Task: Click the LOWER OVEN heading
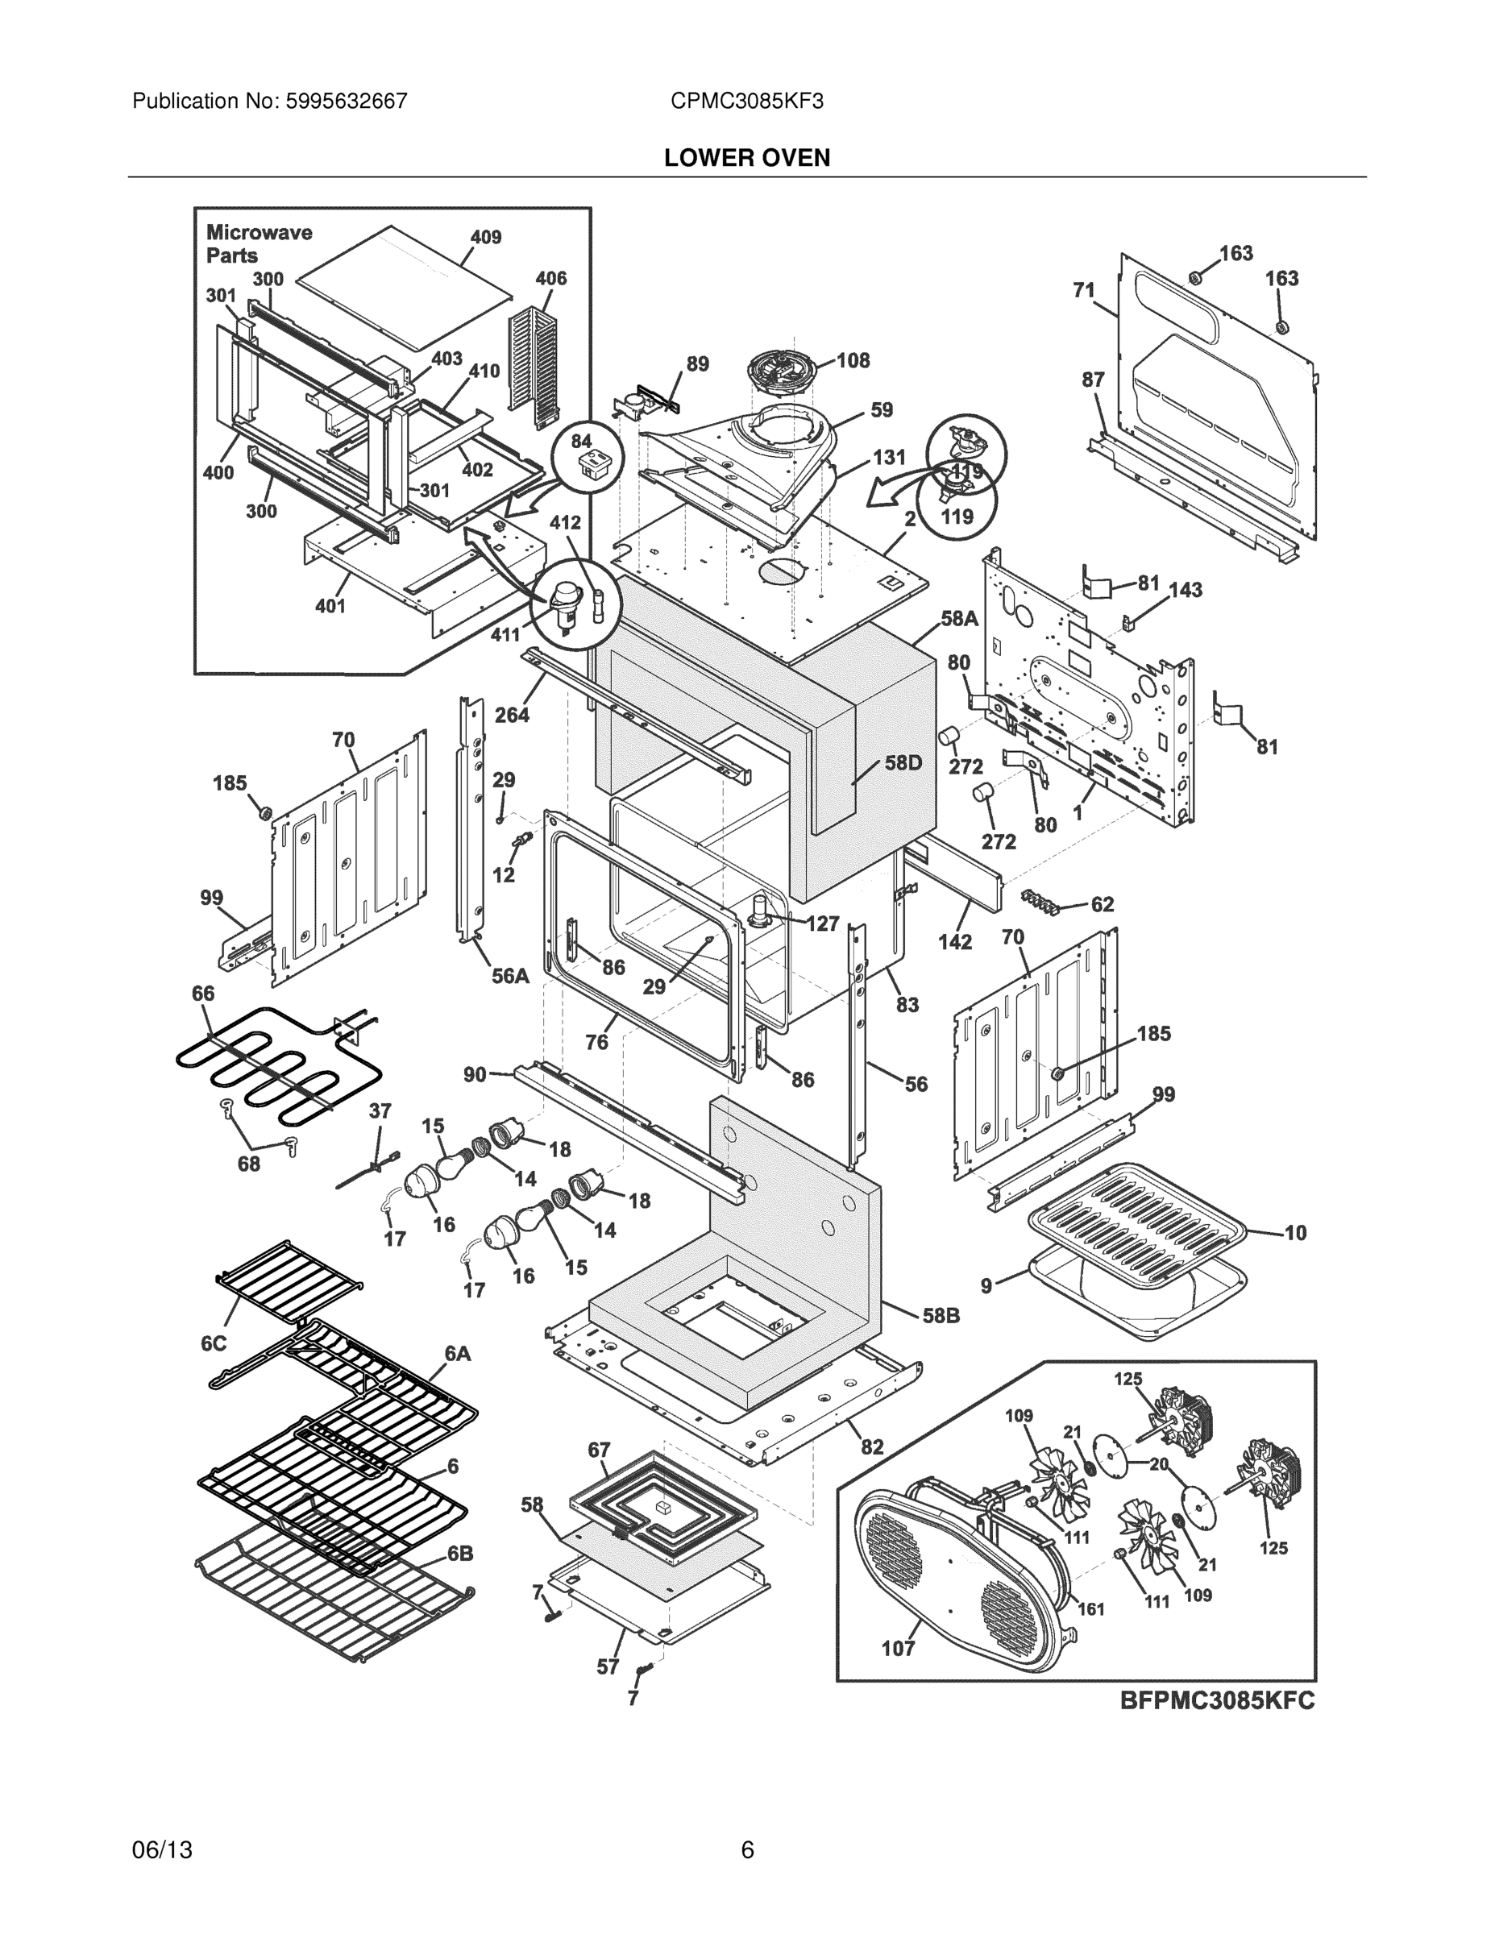[x=746, y=158]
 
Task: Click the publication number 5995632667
[x=347, y=101]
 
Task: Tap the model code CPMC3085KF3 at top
[x=746, y=101]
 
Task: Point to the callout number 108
[x=853, y=360]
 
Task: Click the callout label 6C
[x=214, y=1343]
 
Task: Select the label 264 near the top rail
[x=512, y=715]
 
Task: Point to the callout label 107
[x=897, y=1648]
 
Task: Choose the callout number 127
[x=823, y=923]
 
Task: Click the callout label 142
[x=955, y=941]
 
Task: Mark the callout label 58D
[x=903, y=762]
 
